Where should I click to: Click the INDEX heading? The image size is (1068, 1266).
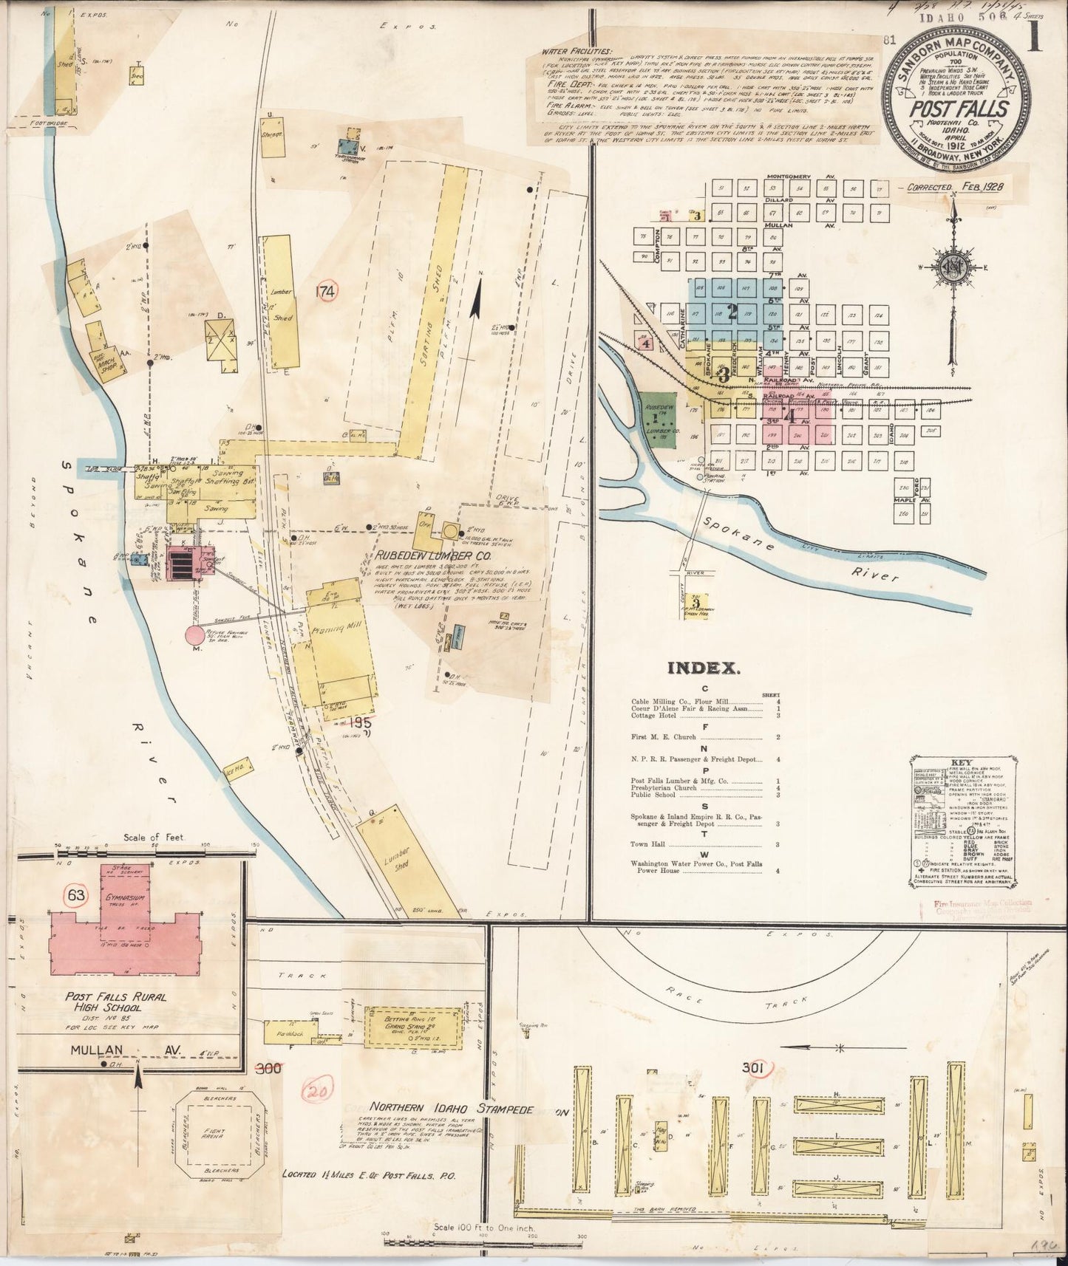tap(704, 668)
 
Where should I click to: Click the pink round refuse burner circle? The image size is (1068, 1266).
tap(194, 634)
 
